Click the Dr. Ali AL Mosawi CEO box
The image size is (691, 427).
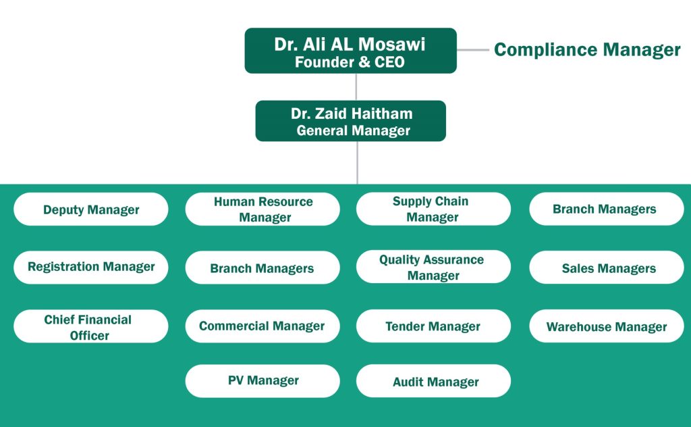point(350,51)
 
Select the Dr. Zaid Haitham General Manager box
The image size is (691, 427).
point(350,121)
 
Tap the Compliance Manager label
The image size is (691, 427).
point(587,50)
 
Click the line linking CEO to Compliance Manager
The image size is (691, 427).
point(473,50)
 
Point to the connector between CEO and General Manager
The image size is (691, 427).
point(356,87)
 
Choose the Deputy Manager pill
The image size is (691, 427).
point(91,209)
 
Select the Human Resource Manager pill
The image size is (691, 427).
point(262,209)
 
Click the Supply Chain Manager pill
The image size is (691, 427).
point(434,209)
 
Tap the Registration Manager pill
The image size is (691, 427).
point(91,268)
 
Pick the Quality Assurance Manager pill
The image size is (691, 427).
point(434,267)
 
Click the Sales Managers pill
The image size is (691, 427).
point(607,268)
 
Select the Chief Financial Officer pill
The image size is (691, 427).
point(91,326)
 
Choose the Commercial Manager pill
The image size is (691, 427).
point(262,326)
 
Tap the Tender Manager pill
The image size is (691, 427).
point(434,326)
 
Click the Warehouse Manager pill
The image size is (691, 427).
point(607,326)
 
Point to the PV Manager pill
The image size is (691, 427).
point(262,381)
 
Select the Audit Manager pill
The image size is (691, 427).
point(434,381)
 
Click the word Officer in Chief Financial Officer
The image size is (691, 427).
point(90,336)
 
